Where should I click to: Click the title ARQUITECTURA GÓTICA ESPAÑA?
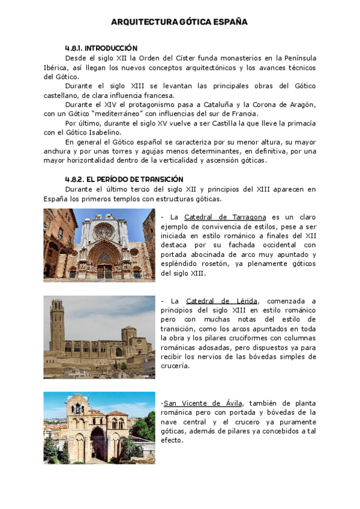point(179,22)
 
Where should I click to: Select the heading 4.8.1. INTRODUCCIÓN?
point(101,47)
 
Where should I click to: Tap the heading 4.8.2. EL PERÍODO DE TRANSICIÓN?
point(124,179)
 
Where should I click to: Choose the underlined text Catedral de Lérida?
point(222,300)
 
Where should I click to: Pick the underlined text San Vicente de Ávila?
point(202,403)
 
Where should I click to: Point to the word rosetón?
point(211,264)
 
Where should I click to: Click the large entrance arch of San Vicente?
point(97,441)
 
